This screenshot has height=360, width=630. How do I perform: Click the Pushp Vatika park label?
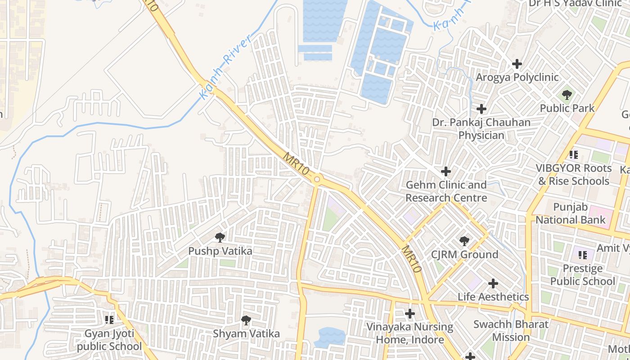(220, 251)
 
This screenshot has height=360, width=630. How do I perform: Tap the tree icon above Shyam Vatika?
(246, 320)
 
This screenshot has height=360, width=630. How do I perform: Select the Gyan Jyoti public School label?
(109, 340)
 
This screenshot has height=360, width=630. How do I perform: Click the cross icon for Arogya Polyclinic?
(517, 64)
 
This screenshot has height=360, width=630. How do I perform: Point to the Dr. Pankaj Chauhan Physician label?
(481, 129)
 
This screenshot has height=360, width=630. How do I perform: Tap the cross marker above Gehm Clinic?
(446, 171)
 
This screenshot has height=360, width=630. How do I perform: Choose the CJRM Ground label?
(464, 255)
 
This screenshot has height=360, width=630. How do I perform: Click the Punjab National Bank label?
(571, 214)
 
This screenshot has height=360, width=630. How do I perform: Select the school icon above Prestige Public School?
(583, 255)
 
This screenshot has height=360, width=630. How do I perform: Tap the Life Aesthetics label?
(493, 297)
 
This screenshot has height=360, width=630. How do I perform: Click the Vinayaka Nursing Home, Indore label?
(409, 333)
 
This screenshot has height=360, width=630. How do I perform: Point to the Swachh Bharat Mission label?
(511, 331)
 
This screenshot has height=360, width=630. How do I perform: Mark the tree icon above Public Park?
(567, 95)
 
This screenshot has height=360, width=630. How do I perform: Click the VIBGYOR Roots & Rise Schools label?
(574, 175)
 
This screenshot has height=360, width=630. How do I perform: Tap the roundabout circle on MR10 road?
(317, 180)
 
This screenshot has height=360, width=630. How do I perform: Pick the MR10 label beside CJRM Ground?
(411, 259)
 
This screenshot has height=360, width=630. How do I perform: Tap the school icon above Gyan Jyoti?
(109, 319)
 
